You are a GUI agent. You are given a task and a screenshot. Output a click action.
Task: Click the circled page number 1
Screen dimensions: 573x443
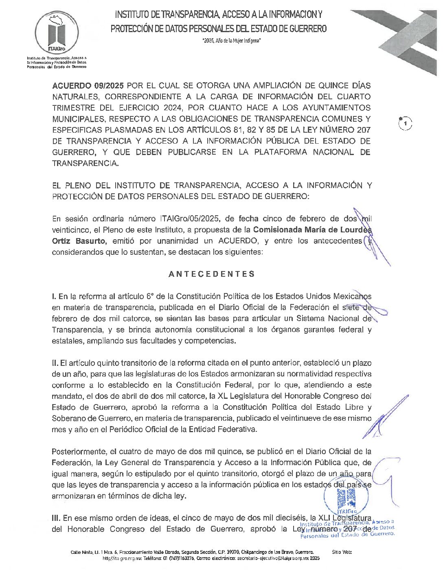coord(405,123)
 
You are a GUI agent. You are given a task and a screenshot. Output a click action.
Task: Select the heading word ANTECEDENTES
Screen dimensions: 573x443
coord(212,274)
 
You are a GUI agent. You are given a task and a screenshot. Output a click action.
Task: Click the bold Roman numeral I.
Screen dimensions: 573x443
coord(54,296)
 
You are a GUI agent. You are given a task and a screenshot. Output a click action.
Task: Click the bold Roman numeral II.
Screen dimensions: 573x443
coord(55,363)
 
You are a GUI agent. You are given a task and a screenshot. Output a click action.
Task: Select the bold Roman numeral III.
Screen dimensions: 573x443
coord(56,518)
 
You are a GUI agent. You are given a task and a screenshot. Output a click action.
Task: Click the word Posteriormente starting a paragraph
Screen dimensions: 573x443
coord(77,451)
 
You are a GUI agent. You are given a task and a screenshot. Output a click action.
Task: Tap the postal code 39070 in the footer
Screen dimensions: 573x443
coord(232,552)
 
